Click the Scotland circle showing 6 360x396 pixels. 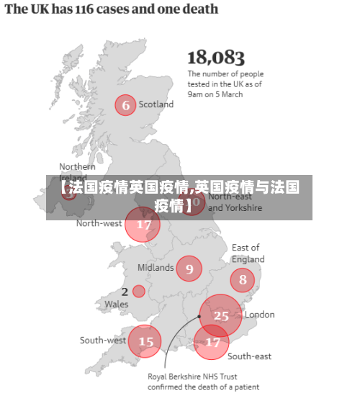[126, 105]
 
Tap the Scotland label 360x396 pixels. [156, 104]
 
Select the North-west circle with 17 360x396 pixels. [143, 225]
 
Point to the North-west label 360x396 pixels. [99, 223]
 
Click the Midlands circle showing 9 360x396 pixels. [189, 269]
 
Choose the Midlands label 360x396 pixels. [156, 268]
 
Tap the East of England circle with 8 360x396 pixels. [242, 280]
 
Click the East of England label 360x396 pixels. [248, 253]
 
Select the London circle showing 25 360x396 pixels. [221, 315]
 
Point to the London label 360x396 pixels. [259, 315]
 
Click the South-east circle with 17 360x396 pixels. [212, 343]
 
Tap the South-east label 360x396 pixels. [249, 356]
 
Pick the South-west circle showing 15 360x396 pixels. [145, 341]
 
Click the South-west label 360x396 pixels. [103, 341]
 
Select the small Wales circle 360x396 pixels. [138, 292]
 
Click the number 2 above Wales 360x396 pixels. [125, 292]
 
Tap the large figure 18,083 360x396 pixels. [216, 58]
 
